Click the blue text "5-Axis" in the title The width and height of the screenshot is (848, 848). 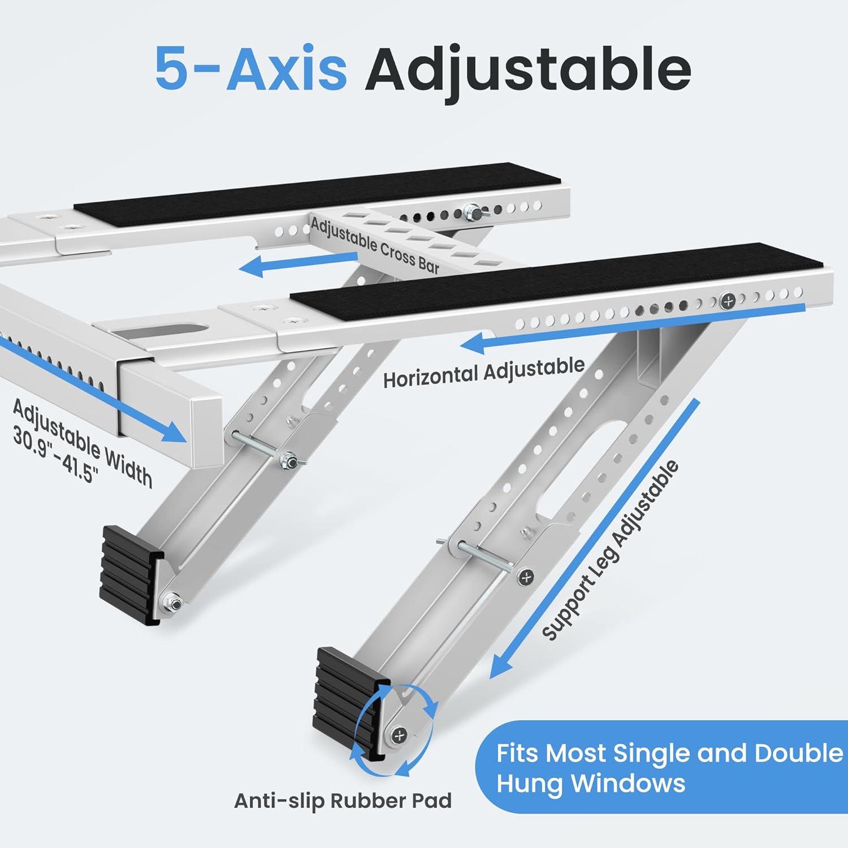coord(250,68)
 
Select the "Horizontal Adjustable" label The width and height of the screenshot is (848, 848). coord(484,372)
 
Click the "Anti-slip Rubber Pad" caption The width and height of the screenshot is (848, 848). coord(343,801)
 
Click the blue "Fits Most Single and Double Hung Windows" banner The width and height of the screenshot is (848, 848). coord(661,768)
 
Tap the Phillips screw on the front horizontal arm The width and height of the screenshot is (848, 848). coord(728,301)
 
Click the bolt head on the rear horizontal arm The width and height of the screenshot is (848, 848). coord(470,213)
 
